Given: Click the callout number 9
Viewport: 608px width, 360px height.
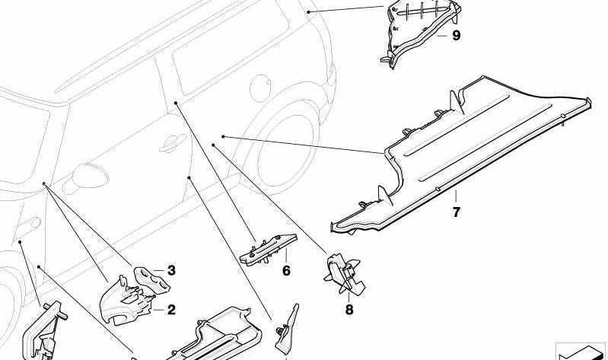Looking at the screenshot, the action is click(x=457, y=36).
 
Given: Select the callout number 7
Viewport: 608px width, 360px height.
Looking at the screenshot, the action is click(x=456, y=212).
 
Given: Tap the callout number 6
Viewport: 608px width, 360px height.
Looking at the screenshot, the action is click(x=286, y=271).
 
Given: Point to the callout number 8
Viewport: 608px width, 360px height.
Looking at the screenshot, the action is click(x=349, y=310).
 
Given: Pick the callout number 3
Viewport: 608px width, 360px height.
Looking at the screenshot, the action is click(x=171, y=270).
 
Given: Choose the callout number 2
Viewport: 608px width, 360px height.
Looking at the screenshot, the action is click(x=171, y=310).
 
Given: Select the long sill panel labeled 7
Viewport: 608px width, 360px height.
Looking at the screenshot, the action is click(x=461, y=155).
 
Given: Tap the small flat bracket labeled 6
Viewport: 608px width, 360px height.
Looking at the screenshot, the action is click(x=269, y=250).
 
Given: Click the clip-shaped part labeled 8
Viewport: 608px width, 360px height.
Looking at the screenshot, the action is click(x=344, y=273).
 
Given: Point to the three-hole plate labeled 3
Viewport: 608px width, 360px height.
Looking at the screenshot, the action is click(x=152, y=279).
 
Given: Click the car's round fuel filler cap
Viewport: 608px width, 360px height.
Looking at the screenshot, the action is click(x=260, y=88).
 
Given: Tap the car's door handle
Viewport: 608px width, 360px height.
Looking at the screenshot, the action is click(x=173, y=142).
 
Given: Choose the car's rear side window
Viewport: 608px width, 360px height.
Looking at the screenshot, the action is click(x=231, y=46).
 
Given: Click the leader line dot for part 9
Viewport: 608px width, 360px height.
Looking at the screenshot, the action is click(x=309, y=12).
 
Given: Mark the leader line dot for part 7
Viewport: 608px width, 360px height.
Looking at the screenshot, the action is click(x=223, y=136).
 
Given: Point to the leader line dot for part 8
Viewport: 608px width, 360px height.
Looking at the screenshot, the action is click(x=213, y=145).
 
